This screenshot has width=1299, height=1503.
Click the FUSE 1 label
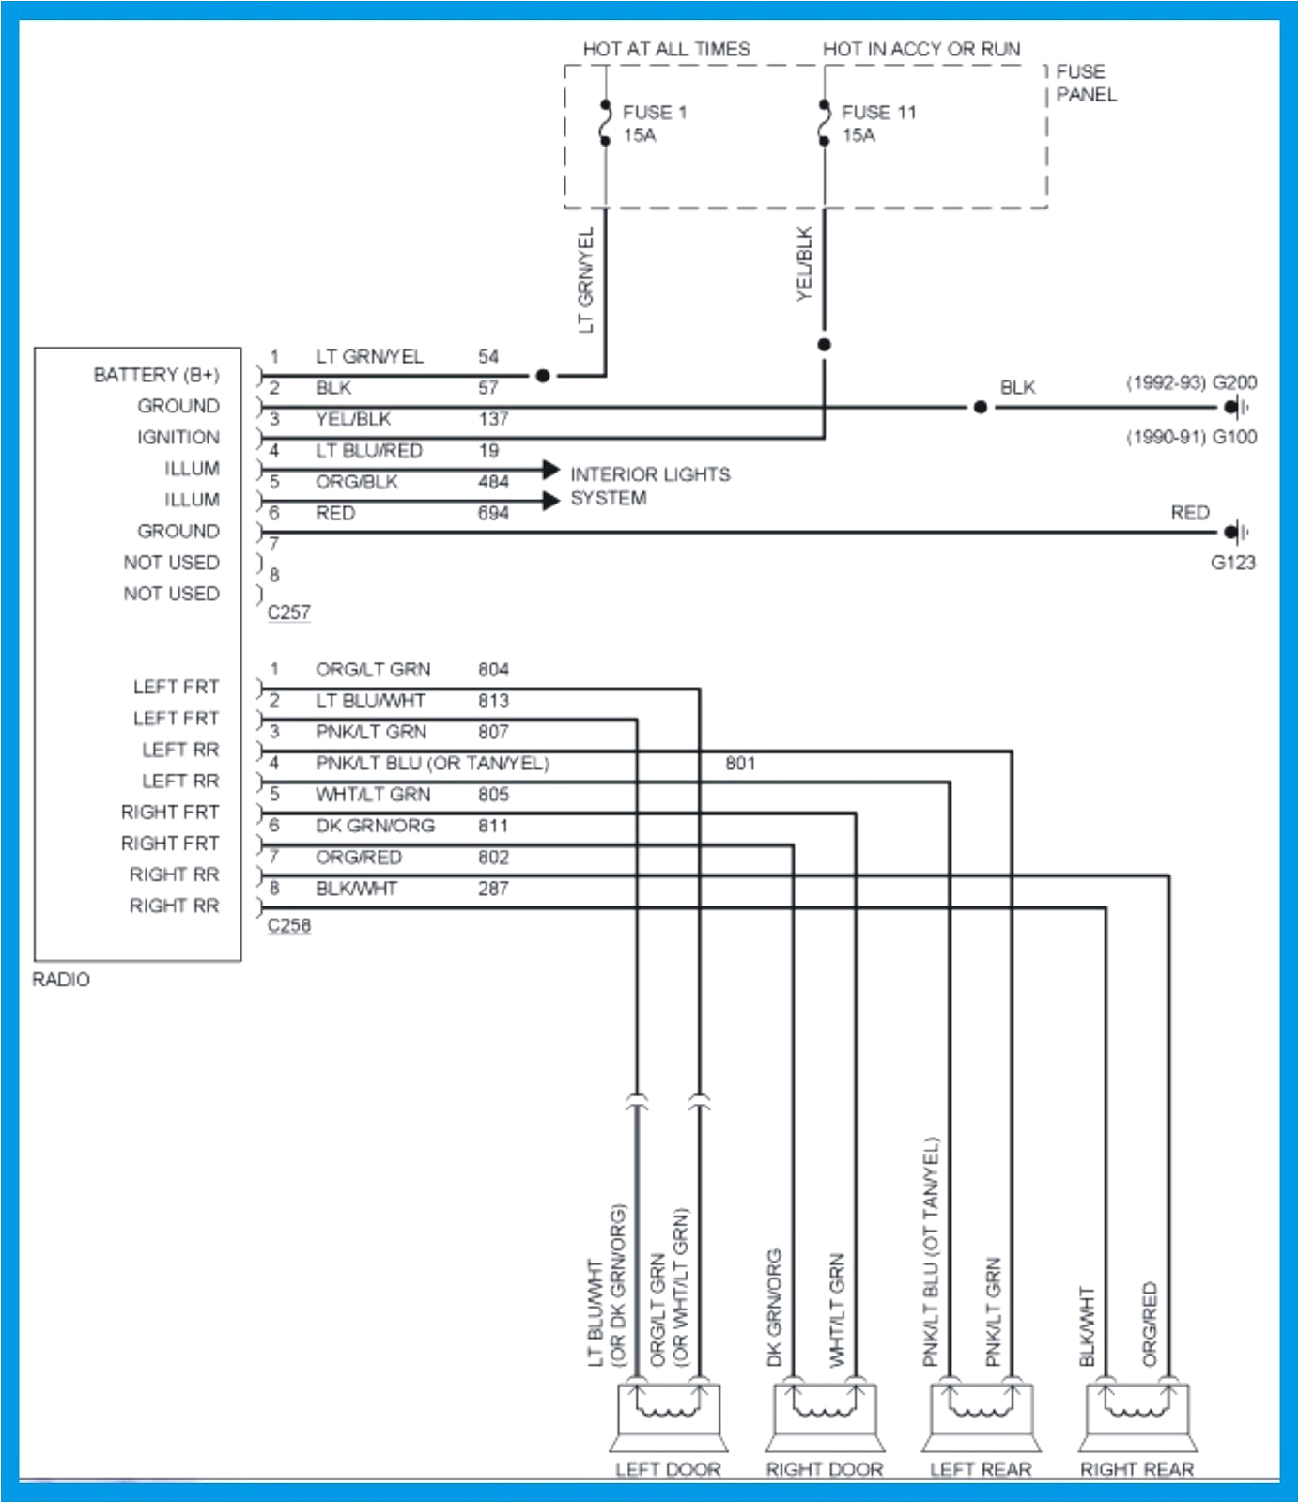pos(654,113)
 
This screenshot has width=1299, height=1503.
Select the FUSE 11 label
pos(877,113)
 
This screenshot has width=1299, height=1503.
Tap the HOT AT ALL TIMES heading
pos(666,49)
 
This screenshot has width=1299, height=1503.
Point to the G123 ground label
pos(1232,563)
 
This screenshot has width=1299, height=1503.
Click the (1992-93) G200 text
pos(1190,382)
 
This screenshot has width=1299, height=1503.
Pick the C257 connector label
pos(288,612)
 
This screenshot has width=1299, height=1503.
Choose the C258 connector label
pos(288,925)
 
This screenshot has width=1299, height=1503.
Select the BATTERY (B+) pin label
pos(156,375)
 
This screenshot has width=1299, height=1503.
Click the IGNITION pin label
pos(178,438)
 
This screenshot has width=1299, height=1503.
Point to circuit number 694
pos(492,513)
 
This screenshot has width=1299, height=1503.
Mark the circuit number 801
pos(739,764)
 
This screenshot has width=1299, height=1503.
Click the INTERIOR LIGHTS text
pos(650,474)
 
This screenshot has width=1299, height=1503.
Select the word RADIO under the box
pos(61,980)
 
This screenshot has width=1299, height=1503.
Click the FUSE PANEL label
pos(1085,83)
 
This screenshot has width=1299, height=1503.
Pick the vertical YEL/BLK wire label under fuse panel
pos(804,263)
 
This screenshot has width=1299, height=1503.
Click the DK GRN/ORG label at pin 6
pos(375,826)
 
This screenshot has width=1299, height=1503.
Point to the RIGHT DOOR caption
pos(824,1469)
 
